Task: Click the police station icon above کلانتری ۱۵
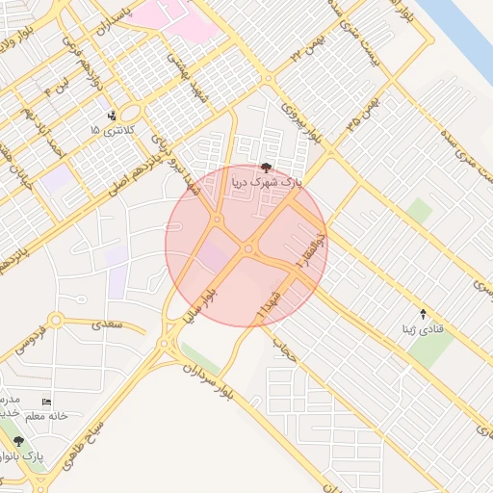[x=114, y=115]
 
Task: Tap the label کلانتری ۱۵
[x=113, y=129]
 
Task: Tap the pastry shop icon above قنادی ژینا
[x=423, y=313]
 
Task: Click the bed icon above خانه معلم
[x=47, y=402]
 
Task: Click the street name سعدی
[x=107, y=324]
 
